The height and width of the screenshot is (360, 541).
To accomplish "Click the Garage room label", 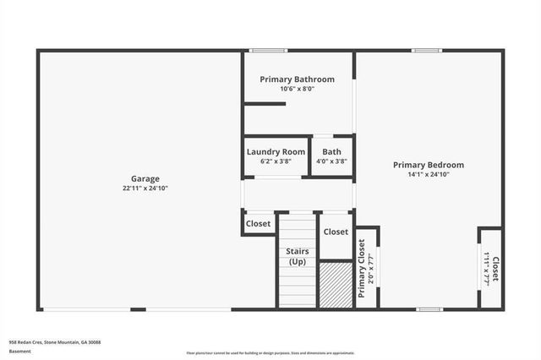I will (x=145, y=178).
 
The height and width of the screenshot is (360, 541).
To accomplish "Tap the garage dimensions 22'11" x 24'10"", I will (x=145, y=188).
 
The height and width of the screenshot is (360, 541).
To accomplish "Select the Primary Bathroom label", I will (x=297, y=79).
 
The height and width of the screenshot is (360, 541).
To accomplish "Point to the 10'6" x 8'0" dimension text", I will (x=297, y=89).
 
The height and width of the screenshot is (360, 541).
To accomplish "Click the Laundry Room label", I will (x=276, y=151).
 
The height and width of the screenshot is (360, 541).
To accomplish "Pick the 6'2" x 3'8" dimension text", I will (x=276, y=161).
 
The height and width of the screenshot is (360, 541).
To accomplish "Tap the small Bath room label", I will (x=331, y=151).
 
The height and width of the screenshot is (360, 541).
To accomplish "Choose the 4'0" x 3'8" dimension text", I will (x=331, y=161).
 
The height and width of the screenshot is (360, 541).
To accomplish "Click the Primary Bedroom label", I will (x=428, y=165).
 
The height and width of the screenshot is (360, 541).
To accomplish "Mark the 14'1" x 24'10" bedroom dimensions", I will (x=428, y=175).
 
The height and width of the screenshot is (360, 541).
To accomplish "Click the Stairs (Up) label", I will (x=297, y=256).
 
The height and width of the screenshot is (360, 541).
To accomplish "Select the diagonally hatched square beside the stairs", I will (x=336, y=286).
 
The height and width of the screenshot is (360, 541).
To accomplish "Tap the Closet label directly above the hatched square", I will (x=336, y=232).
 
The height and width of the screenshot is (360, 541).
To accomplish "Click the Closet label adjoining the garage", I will (x=258, y=224).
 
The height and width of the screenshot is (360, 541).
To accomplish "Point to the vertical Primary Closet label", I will (x=362, y=268).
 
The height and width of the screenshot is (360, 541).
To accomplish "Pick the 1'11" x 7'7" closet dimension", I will (x=486, y=268).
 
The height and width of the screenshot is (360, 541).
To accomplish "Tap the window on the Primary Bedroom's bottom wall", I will (x=429, y=309).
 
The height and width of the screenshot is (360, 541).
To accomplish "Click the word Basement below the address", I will (x=19, y=352).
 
